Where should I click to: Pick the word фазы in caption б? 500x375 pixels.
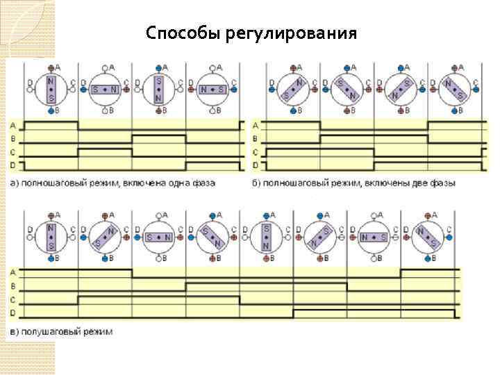443,183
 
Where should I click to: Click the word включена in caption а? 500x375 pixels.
137,183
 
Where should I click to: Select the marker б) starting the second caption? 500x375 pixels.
257,183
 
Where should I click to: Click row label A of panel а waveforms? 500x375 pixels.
13,126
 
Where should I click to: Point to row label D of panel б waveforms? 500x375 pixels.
255,165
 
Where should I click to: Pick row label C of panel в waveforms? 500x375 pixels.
13,300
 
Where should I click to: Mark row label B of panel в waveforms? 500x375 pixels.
13,285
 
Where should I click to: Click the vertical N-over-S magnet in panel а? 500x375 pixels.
50,88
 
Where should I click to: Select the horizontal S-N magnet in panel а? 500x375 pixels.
104,89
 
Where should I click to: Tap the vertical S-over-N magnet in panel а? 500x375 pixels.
158,88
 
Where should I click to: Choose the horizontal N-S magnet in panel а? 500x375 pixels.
212,89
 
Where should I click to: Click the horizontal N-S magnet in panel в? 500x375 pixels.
374,237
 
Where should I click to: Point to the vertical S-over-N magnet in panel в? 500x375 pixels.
267,236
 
